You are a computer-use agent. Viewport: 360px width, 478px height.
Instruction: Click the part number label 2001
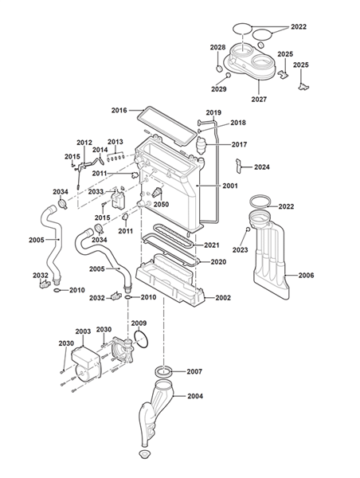pyautogui.click(x=230, y=186)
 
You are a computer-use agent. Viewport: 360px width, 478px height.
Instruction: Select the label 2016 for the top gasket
pyautogui.click(x=119, y=110)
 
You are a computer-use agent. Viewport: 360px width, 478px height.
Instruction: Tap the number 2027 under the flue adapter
pyautogui.click(x=259, y=99)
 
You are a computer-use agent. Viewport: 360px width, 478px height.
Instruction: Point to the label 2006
pyautogui.click(x=306, y=276)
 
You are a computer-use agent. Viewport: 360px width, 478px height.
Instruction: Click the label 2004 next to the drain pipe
pyautogui.click(x=195, y=396)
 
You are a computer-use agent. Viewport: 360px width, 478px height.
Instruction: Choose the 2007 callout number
pyautogui.click(x=194, y=371)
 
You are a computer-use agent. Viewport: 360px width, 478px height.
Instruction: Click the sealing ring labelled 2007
pyautogui.click(x=164, y=372)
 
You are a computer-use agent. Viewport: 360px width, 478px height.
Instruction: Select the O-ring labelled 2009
pyautogui.click(x=141, y=339)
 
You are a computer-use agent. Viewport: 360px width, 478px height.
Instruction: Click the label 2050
pyautogui.click(x=161, y=204)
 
